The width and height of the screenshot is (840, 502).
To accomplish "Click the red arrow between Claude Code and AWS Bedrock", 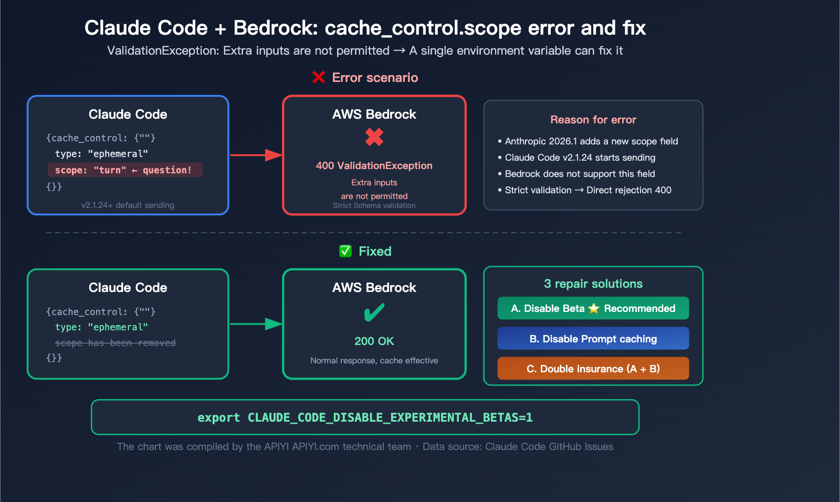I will [x=256, y=155].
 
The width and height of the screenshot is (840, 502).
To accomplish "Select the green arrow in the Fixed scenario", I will [x=256, y=324].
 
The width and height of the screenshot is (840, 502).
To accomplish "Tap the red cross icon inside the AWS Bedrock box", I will [x=374, y=138].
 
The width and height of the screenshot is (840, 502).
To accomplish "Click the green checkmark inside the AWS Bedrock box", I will [x=374, y=313].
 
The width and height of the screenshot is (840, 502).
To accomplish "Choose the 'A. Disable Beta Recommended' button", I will [x=593, y=308].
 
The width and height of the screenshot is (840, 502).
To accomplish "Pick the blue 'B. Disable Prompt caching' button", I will [x=593, y=339].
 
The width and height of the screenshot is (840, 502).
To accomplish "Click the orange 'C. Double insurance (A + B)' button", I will [x=593, y=369].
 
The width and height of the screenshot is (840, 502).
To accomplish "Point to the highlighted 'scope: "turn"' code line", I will [x=124, y=170].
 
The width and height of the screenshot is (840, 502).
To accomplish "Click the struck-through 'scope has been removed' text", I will [x=115, y=343].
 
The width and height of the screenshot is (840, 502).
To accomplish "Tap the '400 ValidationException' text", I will [x=374, y=165].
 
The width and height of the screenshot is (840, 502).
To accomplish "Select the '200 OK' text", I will [x=374, y=341].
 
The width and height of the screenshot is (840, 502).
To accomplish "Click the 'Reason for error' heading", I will [x=593, y=120].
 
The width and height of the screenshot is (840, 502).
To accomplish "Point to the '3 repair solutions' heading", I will [x=593, y=284].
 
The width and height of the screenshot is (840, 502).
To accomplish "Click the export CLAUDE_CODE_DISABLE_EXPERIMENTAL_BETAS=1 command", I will [x=365, y=417].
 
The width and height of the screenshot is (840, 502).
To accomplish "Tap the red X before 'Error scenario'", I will [x=319, y=78].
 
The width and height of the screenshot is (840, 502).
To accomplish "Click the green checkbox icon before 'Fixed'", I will [x=345, y=251].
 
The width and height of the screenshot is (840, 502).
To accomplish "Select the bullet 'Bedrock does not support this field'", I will [x=580, y=174].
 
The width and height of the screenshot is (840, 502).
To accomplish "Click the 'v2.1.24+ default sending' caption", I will [x=128, y=205].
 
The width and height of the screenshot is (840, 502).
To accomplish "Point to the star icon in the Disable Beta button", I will [x=594, y=308].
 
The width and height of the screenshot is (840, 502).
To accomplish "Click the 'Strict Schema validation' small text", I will [x=374, y=206].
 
